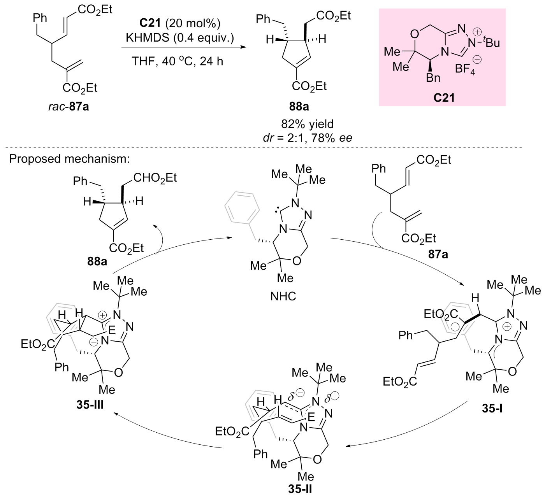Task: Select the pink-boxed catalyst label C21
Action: click(443, 98)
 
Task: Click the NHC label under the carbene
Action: click(283, 297)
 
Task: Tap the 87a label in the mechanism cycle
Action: click(438, 255)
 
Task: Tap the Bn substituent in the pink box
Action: click(433, 78)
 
